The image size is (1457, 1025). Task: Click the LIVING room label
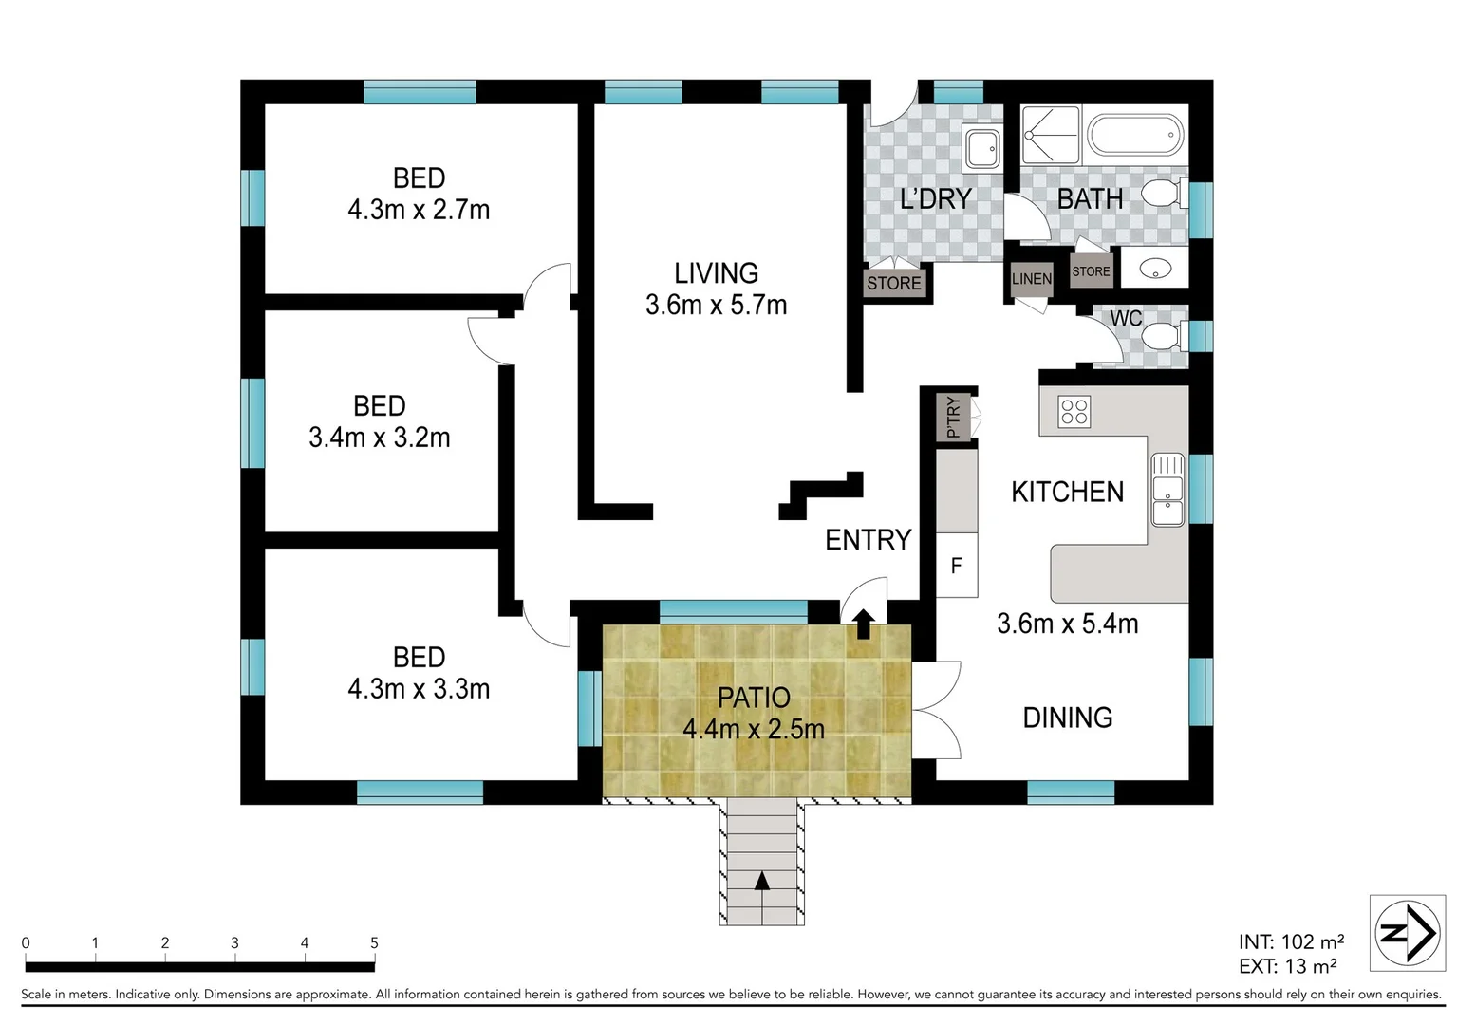[x=716, y=273]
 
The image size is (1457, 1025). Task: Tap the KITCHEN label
[x=1067, y=492]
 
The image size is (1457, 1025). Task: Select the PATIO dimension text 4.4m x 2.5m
[x=754, y=729]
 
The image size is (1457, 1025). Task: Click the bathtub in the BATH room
[x=1135, y=136]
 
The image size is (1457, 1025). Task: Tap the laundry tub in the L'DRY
[x=981, y=147]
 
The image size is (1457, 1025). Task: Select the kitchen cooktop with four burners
[x=1074, y=412]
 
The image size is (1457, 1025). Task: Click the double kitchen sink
[x=1167, y=490]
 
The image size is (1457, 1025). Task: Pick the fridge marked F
[x=957, y=566]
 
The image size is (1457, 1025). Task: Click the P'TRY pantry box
[x=953, y=418]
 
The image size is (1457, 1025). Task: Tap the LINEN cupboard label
[x=1031, y=279]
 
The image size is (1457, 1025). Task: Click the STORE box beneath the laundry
[x=893, y=283]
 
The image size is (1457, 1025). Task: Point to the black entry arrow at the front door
[x=864, y=624]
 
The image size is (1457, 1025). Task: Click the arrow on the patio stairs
[x=762, y=882]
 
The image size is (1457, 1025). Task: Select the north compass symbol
[x=1407, y=933]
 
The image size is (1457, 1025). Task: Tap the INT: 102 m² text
[x=1290, y=941]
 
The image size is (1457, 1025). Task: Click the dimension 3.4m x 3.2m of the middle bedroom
[x=379, y=438]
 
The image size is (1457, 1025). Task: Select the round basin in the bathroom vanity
[x=1153, y=269]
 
